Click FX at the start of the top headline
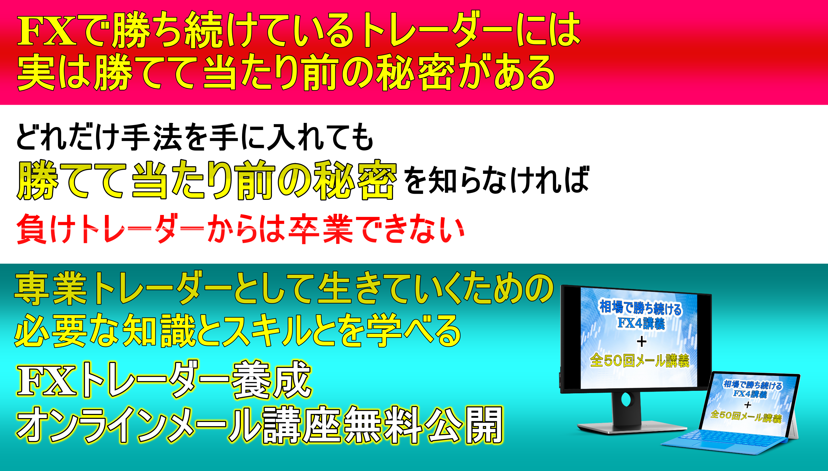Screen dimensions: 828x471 point(47,31)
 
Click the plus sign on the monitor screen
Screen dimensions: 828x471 point(641,341)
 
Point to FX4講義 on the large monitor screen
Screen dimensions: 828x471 point(641,323)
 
